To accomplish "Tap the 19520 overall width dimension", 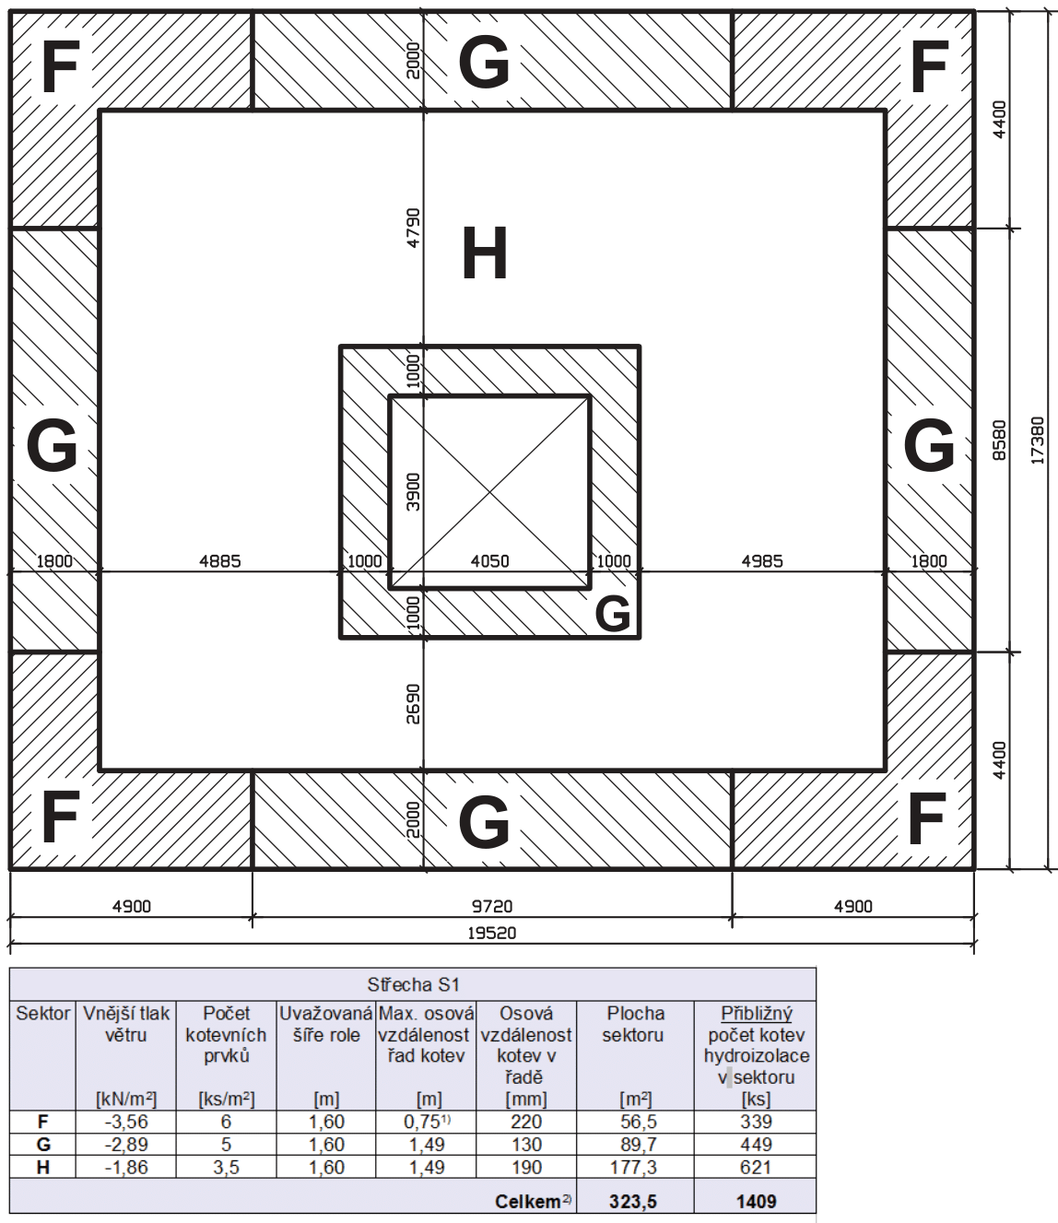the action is pyautogui.click(x=492, y=933).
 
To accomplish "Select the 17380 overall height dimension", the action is pyautogui.click(x=1038, y=440).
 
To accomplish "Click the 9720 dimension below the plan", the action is pyautogui.click(x=492, y=906).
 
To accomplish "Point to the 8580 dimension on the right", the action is pyautogui.click(x=999, y=440).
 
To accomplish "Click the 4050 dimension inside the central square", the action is pyautogui.click(x=489, y=561).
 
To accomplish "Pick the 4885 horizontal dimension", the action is pyautogui.click(x=220, y=561).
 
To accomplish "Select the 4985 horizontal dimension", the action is pyautogui.click(x=762, y=561).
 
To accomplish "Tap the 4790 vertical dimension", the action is pyautogui.click(x=414, y=228).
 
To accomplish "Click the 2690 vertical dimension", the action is pyautogui.click(x=414, y=704).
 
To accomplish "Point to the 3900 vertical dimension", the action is pyautogui.click(x=414, y=491).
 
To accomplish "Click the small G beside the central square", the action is pyautogui.click(x=613, y=614).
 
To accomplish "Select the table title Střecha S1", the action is pyautogui.click(x=413, y=984).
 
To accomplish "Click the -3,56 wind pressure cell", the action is pyautogui.click(x=126, y=1122).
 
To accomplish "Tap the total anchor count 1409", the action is pyautogui.click(x=756, y=1201).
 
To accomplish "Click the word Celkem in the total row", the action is pyautogui.click(x=527, y=1202).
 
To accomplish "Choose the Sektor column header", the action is pyautogui.click(x=42, y=1014).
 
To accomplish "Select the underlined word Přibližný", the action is pyautogui.click(x=756, y=1014).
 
